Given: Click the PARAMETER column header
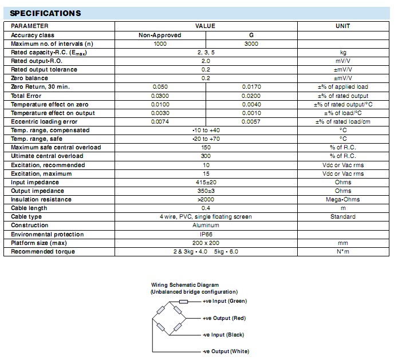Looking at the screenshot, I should point(30,26).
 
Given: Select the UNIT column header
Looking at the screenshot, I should point(343,26).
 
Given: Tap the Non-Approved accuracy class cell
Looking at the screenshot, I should point(160,35).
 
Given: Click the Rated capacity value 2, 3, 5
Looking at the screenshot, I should point(206,52).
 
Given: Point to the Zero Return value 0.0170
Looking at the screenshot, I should point(251,87).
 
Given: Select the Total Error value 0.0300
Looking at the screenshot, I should point(160,96).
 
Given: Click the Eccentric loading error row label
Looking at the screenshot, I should point(44,121).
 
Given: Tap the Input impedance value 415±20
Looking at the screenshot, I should point(206,183).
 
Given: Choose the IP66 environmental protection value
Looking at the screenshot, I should point(206,235).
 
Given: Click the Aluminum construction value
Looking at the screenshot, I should point(206,226).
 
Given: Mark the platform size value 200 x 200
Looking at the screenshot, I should point(206,243).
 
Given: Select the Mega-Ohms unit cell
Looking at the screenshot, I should point(343,200).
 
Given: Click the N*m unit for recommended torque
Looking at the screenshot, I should point(343,252).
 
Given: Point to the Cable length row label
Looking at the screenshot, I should point(30,208).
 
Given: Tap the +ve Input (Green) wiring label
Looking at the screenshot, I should point(224,302).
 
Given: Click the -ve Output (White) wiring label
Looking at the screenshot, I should point(226,351).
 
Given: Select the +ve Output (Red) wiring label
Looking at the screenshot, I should point(224,318).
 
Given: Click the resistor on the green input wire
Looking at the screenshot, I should point(183,302).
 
